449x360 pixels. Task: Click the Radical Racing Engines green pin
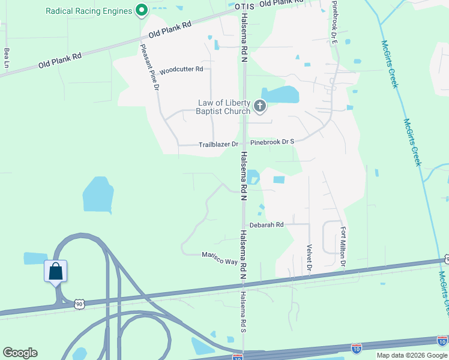click(x=142, y=10)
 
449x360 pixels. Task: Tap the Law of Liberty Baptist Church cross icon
click(x=260, y=107)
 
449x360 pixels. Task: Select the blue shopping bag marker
click(x=56, y=271)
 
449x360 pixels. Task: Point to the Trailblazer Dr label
click(x=218, y=145)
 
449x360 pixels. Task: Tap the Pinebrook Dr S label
click(x=272, y=142)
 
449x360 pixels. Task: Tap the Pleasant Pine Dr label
click(x=150, y=67)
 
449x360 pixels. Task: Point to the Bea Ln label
click(x=7, y=58)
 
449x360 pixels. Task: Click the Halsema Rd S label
click(x=244, y=311)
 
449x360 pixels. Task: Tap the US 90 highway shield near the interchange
click(x=79, y=304)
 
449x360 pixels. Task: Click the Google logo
click(x=20, y=353)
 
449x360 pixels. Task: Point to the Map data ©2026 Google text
click(x=412, y=355)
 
